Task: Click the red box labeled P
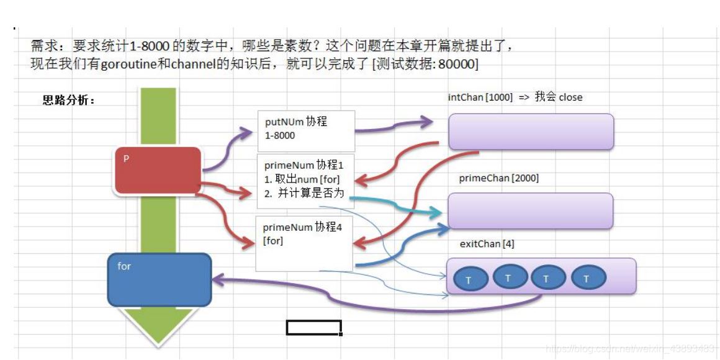pos(158,169)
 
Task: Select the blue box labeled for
pos(159,279)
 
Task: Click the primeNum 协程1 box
pos(305,181)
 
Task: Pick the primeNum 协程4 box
pos(305,243)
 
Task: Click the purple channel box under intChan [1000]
pos(531,132)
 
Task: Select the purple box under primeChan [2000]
pos(530,211)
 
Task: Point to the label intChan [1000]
pos(480,97)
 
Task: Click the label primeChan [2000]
pos(498,178)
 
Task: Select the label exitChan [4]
pos(487,244)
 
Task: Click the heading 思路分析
pos(68,101)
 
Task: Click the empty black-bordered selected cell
pos(313,327)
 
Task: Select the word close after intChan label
pos(570,97)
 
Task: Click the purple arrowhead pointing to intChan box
pos(426,122)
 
